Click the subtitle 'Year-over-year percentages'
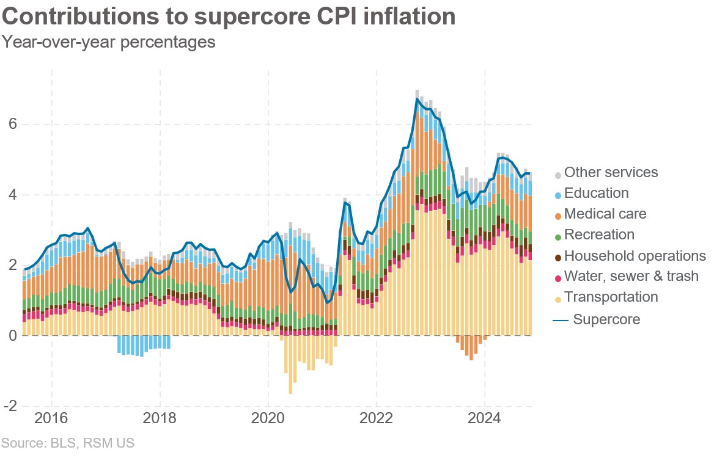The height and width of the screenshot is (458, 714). pyautogui.click(x=109, y=42)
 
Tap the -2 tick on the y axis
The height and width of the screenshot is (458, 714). pyautogui.click(x=10, y=406)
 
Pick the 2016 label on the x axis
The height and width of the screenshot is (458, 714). pyautogui.click(x=51, y=420)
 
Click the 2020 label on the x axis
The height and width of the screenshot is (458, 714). pyautogui.click(x=268, y=420)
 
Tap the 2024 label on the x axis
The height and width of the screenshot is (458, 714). pyautogui.click(x=485, y=420)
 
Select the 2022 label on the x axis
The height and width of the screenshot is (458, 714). pyautogui.click(x=377, y=420)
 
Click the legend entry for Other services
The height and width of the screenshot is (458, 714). pyautogui.click(x=610, y=172)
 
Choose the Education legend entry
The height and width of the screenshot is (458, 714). pyautogui.click(x=596, y=193)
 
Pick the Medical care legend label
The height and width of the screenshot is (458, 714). pyautogui.click(x=605, y=214)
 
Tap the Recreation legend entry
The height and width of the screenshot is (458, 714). pyautogui.click(x=599, y=234)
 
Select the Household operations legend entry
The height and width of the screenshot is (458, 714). pyautogui.click(x=635, y=255)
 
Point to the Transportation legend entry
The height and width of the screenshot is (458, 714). pyautogui.click(x=611, y=297)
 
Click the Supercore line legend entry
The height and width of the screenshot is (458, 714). pyautogui.click(x=606, y=319)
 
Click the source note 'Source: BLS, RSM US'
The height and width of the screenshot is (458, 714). pyautogui.click(x=67, y=442)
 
